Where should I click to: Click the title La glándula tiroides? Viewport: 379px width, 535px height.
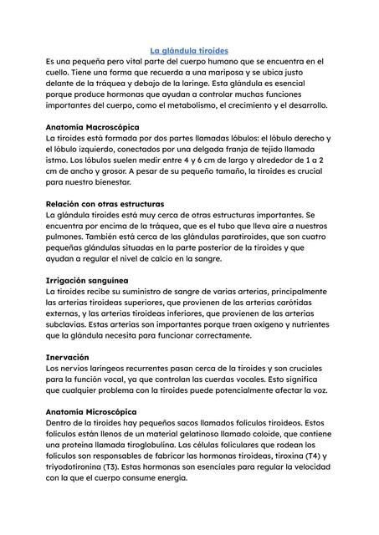click(188, 51)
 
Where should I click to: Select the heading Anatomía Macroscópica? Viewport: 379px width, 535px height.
click(93, 126)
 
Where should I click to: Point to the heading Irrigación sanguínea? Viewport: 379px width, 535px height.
click(88, 279)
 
